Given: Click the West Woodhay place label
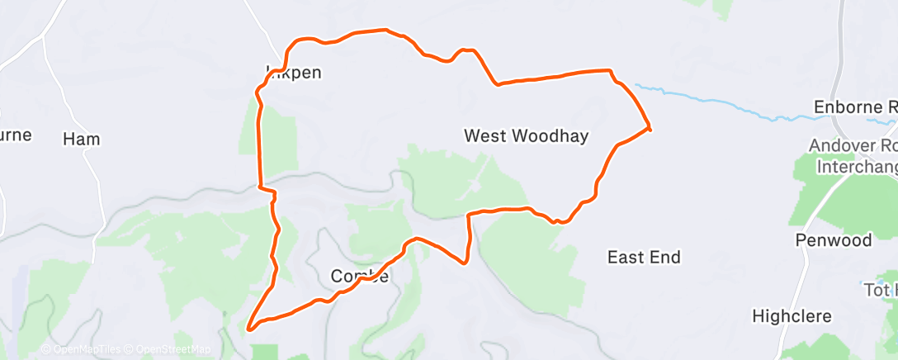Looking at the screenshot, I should pos(526,136).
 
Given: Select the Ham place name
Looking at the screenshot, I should pos(82,140).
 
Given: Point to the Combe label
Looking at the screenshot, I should pos(359,277).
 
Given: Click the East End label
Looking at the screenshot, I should pos(644,258).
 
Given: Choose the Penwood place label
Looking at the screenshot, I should pos(834,240).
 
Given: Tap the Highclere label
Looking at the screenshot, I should pos(792,316).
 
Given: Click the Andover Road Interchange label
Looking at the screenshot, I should pos(854,156).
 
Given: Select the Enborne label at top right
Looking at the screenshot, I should pos(855,107).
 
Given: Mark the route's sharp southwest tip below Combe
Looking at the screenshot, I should pos(249,327).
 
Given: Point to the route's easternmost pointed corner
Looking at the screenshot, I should pos(650,128).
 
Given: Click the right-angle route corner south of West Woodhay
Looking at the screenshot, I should pos(469,215).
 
